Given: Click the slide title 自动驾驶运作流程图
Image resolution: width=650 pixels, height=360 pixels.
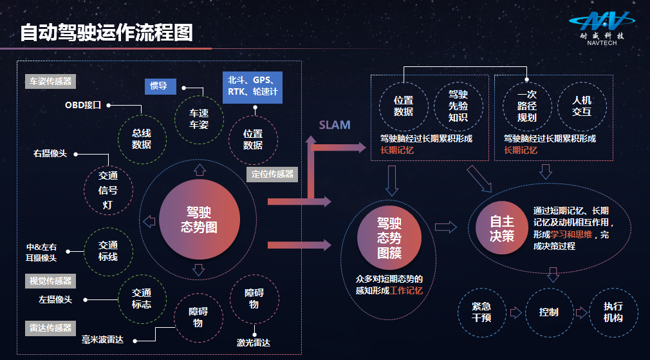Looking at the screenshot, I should coord(106,32).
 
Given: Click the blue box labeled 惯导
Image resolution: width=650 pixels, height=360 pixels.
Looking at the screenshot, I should coord(159,86).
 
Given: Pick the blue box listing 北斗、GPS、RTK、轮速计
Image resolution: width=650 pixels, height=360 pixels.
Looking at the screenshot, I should coord(252,86).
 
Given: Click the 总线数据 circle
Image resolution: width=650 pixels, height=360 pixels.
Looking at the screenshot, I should coord(142,138).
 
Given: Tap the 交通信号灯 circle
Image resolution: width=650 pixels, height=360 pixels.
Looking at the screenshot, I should coord(108,190).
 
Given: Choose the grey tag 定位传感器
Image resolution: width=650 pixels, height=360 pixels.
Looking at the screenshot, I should coord(272,174).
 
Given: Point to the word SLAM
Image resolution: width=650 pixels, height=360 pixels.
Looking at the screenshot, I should coord(335,125).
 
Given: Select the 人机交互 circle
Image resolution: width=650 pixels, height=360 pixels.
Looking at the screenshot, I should coord(581,106).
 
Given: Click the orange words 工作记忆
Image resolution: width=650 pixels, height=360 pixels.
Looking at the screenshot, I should coord(406,290).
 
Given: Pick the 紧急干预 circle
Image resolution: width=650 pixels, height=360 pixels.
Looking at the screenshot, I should coord(481,312).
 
